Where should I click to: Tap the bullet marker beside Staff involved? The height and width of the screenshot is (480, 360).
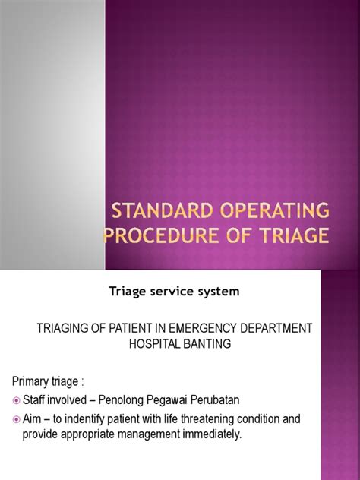pyautogui.click(x=16, y=399)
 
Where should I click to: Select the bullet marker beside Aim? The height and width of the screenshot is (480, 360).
pyautogui.click(x=16, y=418)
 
